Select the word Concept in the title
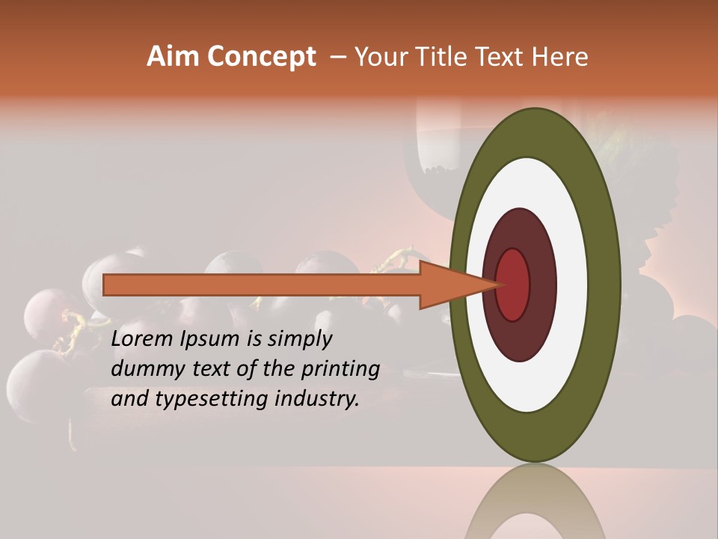(262, 56)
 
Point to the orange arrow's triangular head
(456, 284)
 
